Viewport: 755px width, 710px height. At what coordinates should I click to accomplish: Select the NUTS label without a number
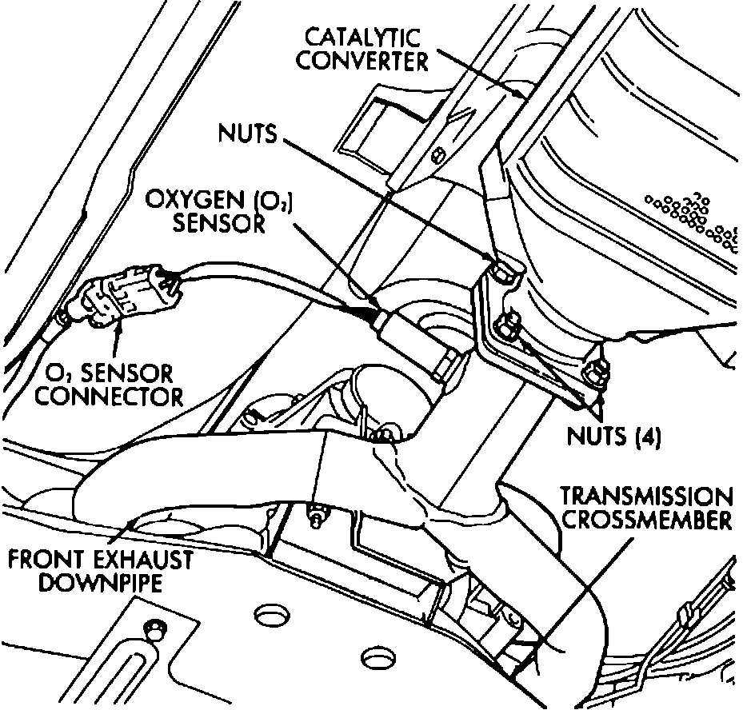(x=247, y=134)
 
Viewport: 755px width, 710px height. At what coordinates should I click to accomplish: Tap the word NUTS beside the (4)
(x=591, y=437)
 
